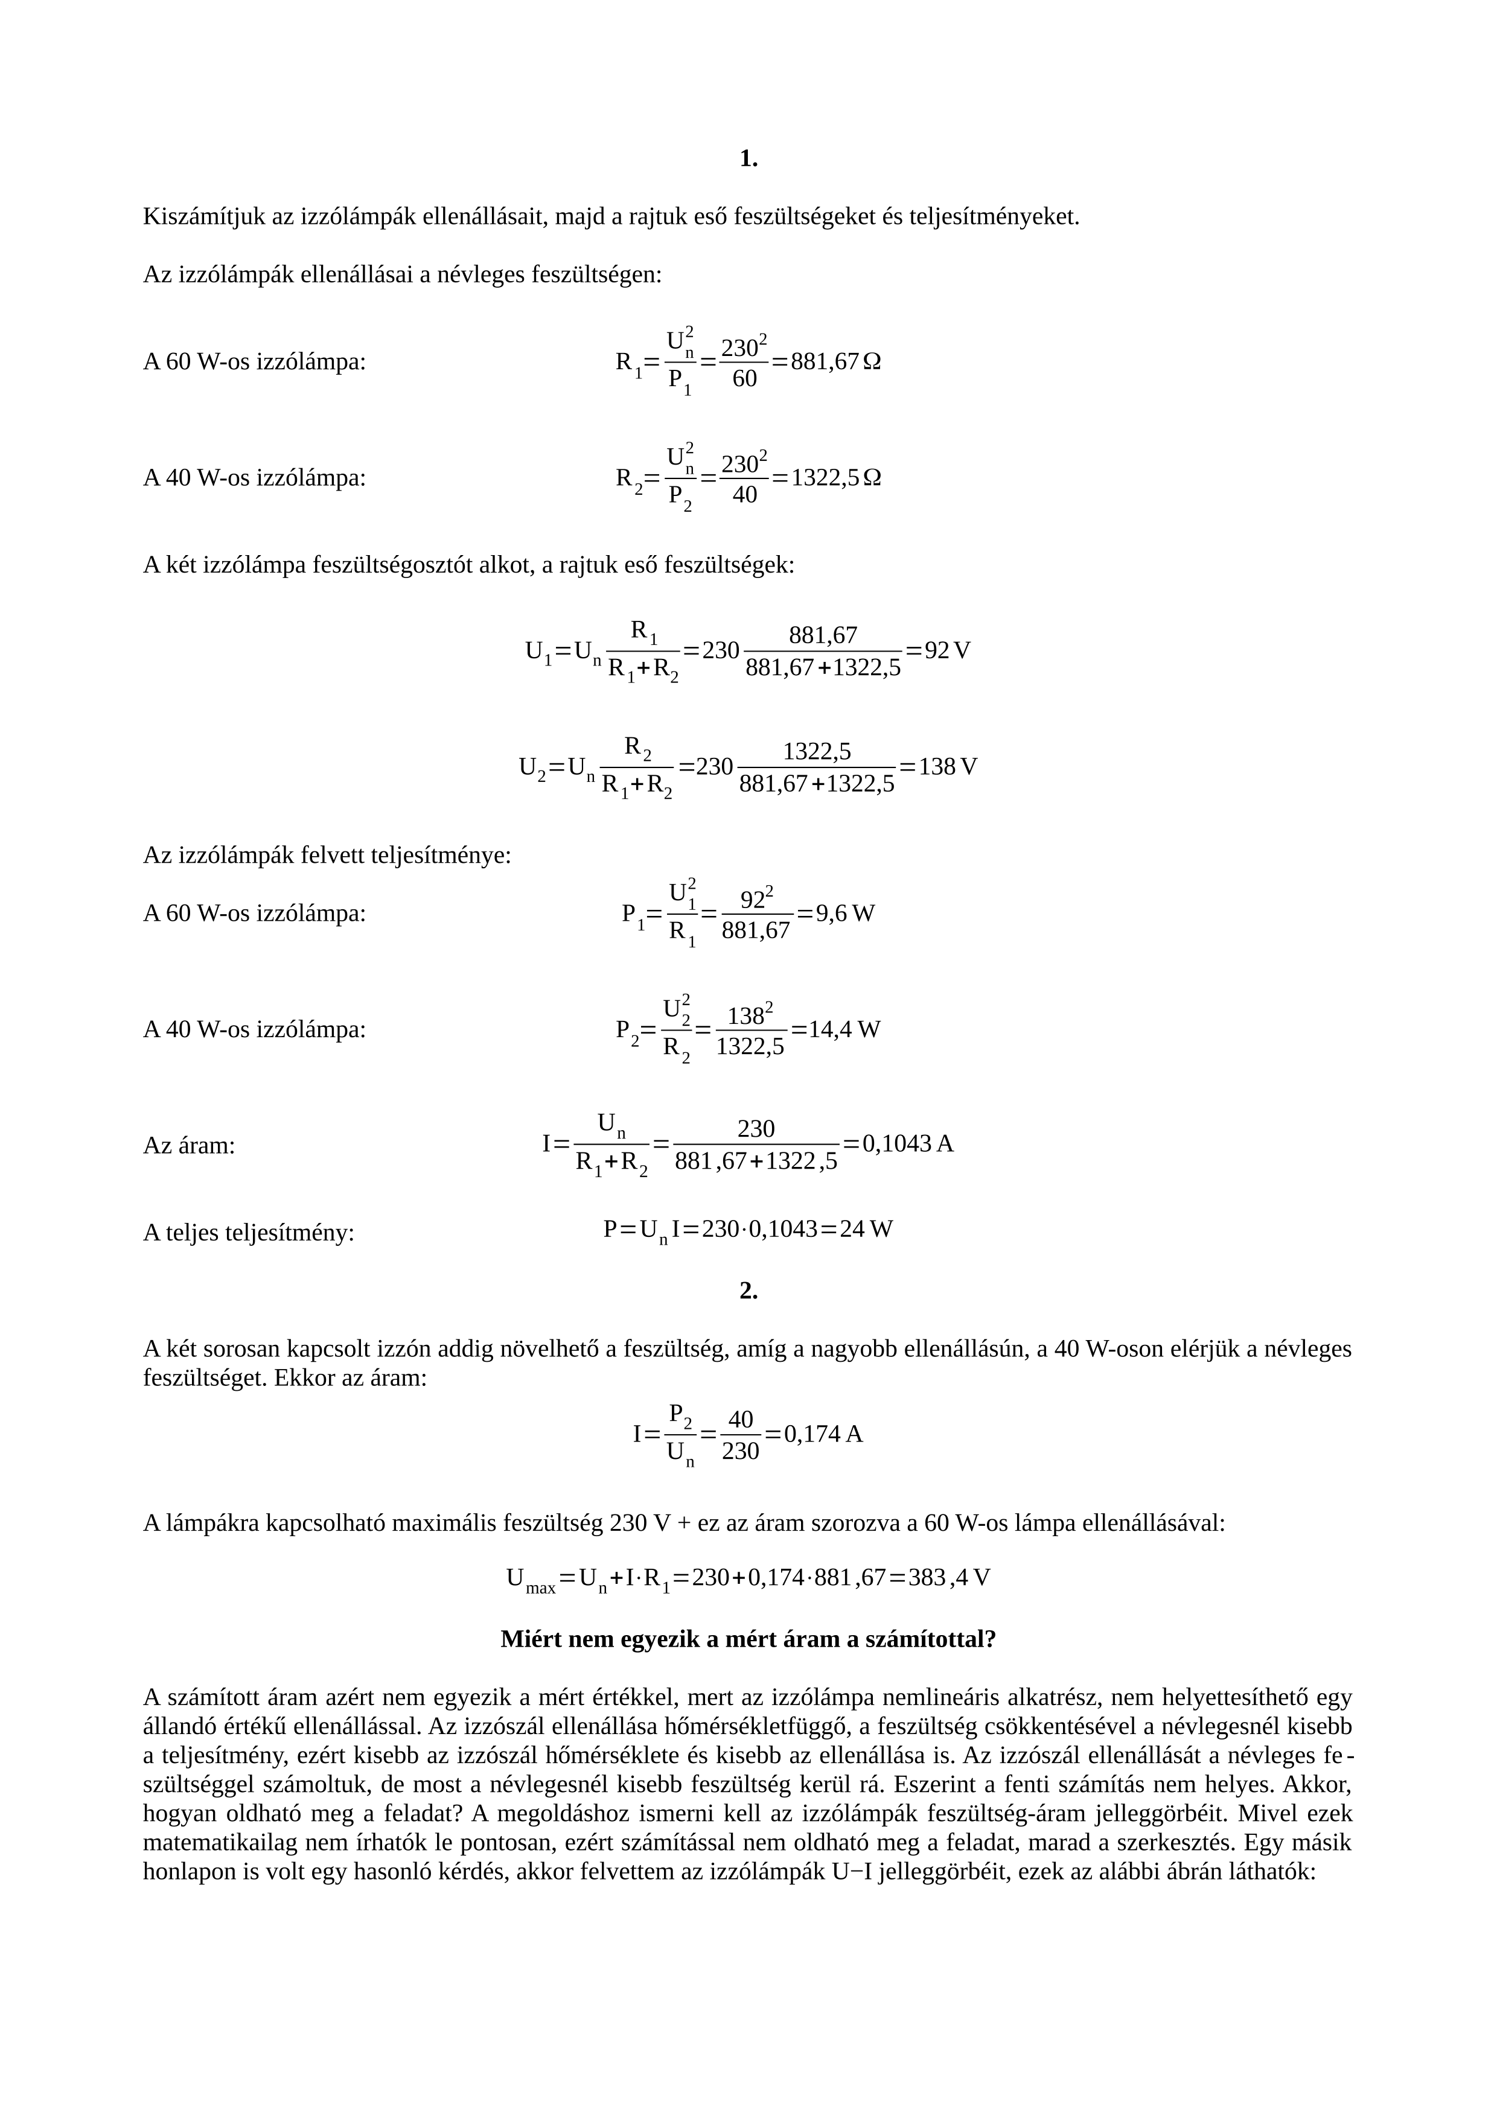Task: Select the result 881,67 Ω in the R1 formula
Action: coord(835,361)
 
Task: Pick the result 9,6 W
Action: coord(845,914)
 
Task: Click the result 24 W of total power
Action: coord(866,1230)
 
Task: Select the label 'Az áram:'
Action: coord(189,1146)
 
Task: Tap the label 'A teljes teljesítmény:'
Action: coord(249,1232)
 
